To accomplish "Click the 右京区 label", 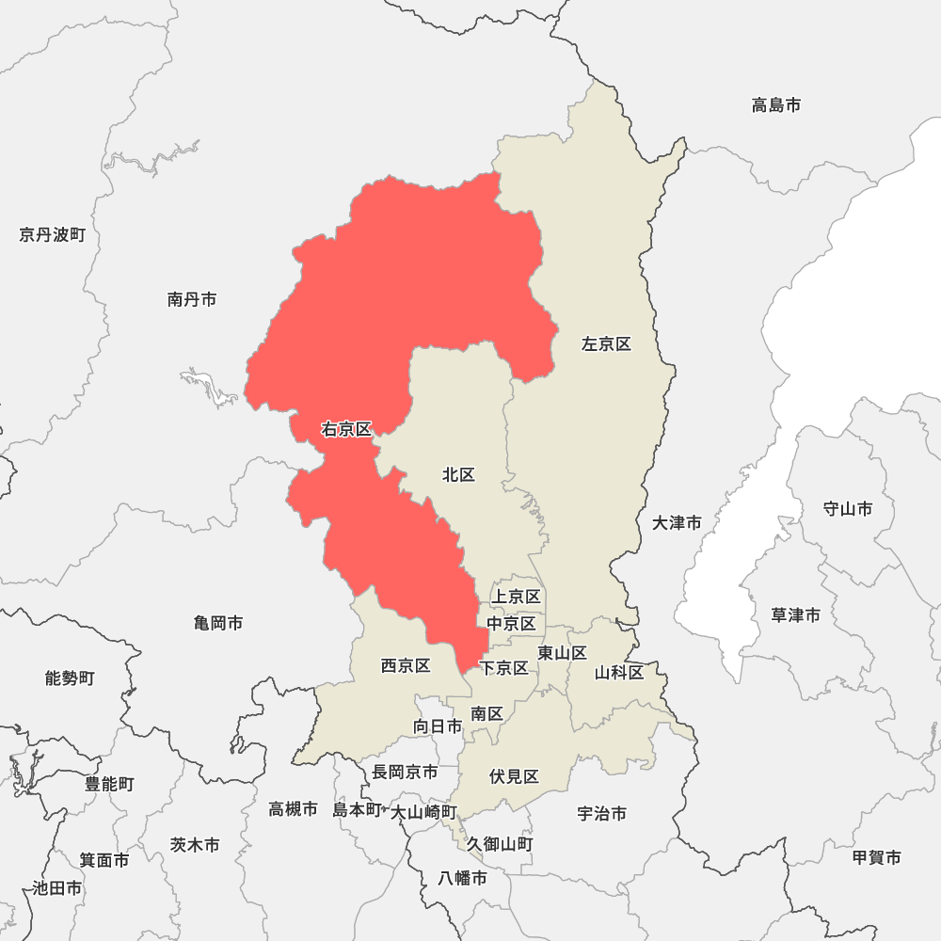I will tap(346, 430).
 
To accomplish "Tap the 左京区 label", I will tap(606, 344).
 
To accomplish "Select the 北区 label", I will tap(458, 475).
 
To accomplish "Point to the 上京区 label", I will tap(517, 597).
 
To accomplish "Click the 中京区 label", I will tap(511, 624).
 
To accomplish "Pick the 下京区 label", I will tap(503, 668).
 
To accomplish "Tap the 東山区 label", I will tap(562, 653).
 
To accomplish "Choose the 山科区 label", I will tap(619, 673).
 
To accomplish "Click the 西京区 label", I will tap(406, 666).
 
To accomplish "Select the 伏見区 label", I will tap(514, 777).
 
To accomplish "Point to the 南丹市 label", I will tap(192, 299).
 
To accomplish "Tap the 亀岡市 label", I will tap(218, 623).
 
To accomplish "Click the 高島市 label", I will tap(776, 105).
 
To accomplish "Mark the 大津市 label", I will tap(677, 522).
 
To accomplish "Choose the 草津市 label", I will tap(795, 615).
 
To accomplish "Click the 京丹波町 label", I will tap(52, 234).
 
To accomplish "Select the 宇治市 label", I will tap(601, 814).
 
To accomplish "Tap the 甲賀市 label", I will tap(876, 857).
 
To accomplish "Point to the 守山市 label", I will tap(847, 509).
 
